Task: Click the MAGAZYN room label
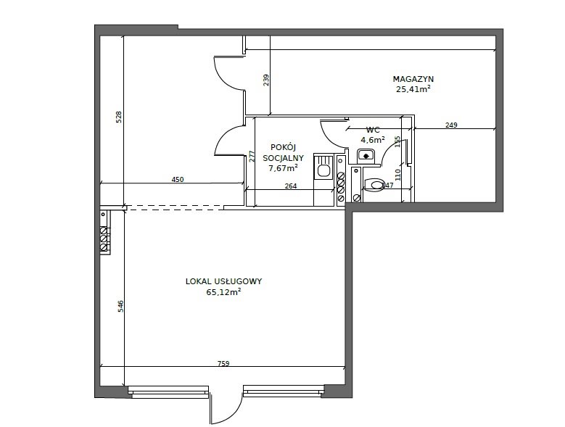[x=413, y=79]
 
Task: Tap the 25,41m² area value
[x=413, y=90]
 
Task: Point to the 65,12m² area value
[x=223, y=292]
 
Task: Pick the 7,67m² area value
[x=283, y=168]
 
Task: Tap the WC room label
[x=373, y=130]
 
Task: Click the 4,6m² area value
[x=373, y=140]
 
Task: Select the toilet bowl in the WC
[x=374, y=185]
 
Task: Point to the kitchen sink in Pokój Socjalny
[x=323, y=171]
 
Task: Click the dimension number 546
[x=120, y=307]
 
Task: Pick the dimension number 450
[x=177, y=180]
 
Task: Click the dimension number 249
[x=451, y=125]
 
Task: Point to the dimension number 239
[x=266, y=80]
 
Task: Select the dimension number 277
[x=251, y=157]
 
